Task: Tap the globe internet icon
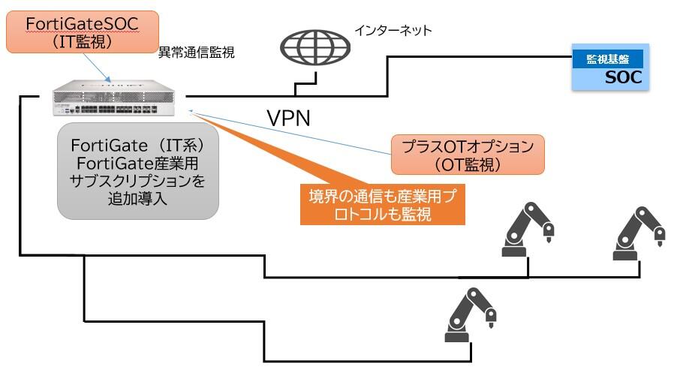coord(315,48)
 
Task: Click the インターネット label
coord(393,31)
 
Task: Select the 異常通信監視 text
coord(197,53)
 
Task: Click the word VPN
coord(289,118)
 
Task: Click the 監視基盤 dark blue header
coord(609,59)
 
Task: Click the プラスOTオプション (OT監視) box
coord(467,155)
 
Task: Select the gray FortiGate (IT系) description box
coord(139,171)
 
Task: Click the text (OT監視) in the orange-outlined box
coord(467,163)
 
